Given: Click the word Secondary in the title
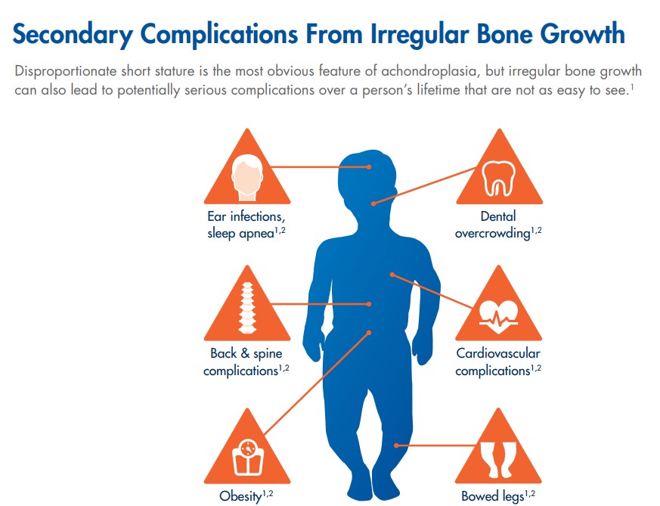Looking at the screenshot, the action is [x=73, y=35].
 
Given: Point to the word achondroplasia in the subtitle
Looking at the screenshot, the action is [x=429, y=71].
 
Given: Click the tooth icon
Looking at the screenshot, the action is [x=499, y=178].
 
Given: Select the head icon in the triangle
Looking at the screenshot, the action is [x=247, y=177].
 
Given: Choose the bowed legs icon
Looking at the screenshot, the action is [x=499, y=459].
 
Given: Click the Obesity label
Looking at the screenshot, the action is [x=246, y=496].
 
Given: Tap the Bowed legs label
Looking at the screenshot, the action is [x=498, y=496].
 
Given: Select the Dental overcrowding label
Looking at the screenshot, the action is [x=498, y=225].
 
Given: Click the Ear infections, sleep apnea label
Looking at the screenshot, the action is [x=246, y=225].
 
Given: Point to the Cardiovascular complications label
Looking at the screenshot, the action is [x=498, y=362].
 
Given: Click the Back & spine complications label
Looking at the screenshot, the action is [x=246, y=362].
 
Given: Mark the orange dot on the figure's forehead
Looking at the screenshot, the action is [x=369, y=167].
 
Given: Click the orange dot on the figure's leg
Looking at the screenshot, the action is [x=396, y=445].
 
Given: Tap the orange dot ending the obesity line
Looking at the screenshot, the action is [x=369, y=333].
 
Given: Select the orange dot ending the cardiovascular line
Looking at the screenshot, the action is [x=392, y=275].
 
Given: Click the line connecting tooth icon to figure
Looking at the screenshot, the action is [x=425, y=185].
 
